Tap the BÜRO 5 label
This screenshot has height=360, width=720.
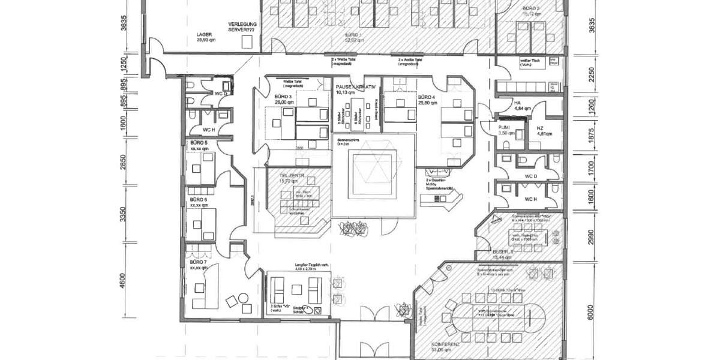[199, 143]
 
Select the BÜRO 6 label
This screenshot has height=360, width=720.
[199, 199]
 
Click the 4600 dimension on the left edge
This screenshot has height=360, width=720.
[124, 281]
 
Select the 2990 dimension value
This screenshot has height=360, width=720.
[590, 238]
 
